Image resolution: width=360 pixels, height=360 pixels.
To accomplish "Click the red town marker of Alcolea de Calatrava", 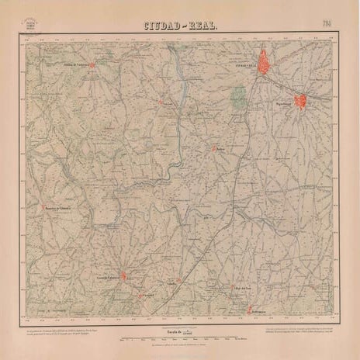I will pyautogui.click(x=93, y=65).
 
